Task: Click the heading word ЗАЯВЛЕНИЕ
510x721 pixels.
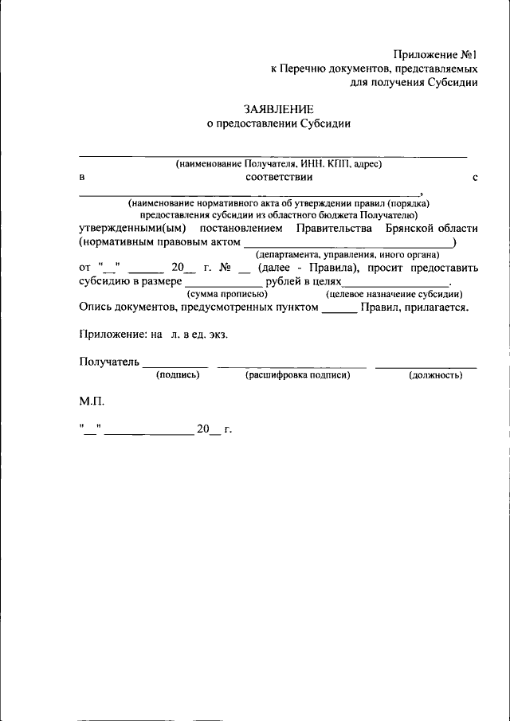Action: click(279, 108)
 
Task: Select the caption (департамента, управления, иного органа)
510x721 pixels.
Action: click(347, 254)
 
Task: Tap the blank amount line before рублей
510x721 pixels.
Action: click(223, 284)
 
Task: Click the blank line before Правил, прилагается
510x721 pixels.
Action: click(339, 312)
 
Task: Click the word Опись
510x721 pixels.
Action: click(96, 307)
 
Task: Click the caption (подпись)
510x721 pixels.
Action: click(178, 374)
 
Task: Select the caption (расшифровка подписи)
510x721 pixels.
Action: click(297, 374)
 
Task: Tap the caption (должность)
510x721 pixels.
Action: click(435, 374)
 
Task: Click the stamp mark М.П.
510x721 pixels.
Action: click(92, 402)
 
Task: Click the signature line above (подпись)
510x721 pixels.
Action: click(175, 366)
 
